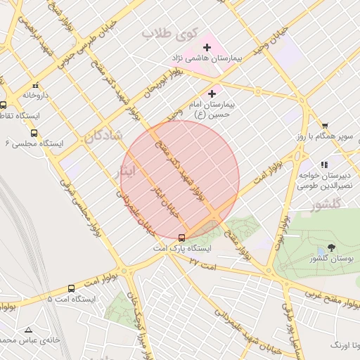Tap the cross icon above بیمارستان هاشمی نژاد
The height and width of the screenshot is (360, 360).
coord(206,46)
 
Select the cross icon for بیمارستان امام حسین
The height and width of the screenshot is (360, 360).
coord(212,94)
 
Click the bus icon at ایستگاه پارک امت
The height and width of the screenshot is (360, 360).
coord(181,238)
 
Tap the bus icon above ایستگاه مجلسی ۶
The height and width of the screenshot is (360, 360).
coord(34,132)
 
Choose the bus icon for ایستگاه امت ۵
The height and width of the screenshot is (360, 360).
coord(71,288)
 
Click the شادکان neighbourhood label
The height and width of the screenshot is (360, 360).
coord(103,136)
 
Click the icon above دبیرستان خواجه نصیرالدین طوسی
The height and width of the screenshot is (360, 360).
coord(324,165)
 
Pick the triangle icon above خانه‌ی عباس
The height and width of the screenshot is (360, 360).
coord(28,330)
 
